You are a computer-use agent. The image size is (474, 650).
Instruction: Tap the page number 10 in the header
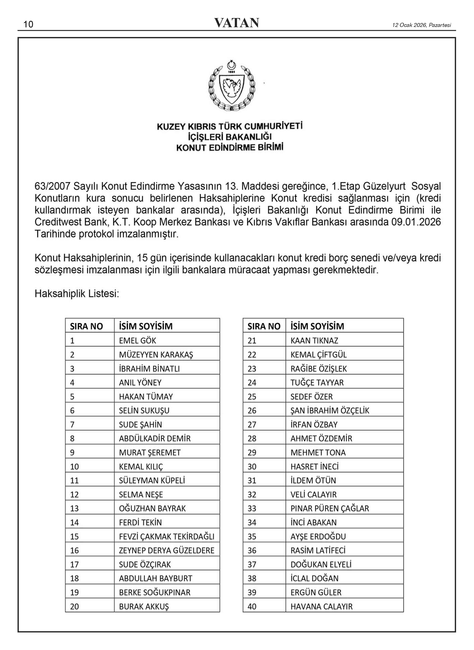click(28, 24)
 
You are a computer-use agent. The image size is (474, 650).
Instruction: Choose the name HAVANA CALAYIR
click(321, 607)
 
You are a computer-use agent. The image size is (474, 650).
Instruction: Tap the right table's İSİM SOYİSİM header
click(317, 326)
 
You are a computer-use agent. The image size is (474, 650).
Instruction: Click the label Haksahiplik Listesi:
click(77, 294)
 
